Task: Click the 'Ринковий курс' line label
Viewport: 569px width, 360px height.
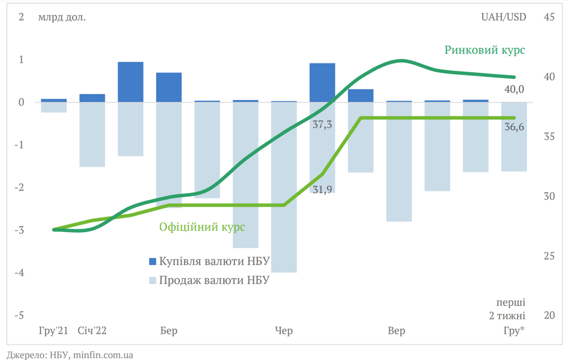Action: coord(485,50)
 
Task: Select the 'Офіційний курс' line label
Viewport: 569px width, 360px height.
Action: coord(202,227)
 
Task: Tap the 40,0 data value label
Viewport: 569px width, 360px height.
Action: coord(514,90)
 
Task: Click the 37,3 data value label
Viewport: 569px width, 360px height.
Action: coord(322,125)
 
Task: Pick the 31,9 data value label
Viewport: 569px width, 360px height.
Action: coord(322,189)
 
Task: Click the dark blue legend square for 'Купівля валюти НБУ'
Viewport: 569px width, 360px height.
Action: coord(152,261)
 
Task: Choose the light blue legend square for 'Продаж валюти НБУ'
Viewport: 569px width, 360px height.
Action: coord(152,280)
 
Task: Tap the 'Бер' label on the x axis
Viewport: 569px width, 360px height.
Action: coord(168,331)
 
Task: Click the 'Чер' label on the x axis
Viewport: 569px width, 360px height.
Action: coord(284,331)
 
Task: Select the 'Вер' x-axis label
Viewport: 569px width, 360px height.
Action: coord(396,331)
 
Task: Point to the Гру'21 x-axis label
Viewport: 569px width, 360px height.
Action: coord(53,331)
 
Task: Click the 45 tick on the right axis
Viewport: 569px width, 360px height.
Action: coord(549,17)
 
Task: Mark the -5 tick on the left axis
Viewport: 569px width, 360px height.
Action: coord(19,315)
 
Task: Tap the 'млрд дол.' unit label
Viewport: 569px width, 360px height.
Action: coord(62,17)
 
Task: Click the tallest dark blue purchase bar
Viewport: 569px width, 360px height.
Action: coord(130,82)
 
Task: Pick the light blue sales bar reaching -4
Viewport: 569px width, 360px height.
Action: coord(284,187)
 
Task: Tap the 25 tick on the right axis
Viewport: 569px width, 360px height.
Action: coord(549,256)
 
